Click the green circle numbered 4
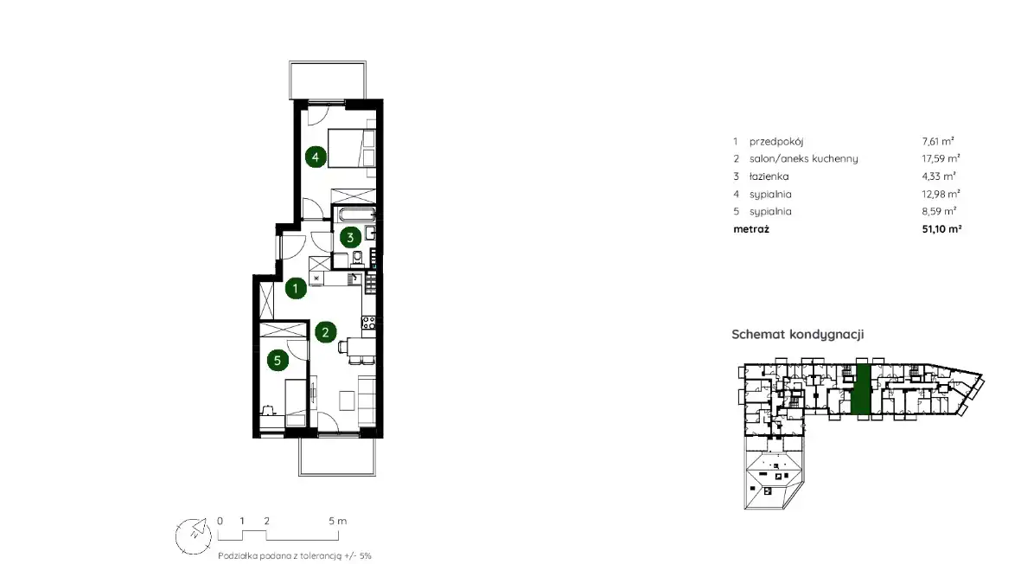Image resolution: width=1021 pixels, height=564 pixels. click(x=316, y=157)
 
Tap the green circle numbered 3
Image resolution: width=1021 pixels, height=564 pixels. click(x=350, y=238)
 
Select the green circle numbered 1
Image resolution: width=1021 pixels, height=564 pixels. click(x=296, y=288)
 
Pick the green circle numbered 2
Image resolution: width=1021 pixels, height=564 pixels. click(x=326, y=332)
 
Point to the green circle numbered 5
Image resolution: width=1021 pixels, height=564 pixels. click(x=278, y=360)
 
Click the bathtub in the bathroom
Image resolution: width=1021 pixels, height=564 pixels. click(x=354, y=215)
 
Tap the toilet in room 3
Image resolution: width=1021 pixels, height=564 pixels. click(x=358, y=259)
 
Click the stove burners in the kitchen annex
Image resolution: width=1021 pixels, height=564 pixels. click(x=368, y=322)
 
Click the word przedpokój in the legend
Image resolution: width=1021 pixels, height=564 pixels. click(x=776, y=141)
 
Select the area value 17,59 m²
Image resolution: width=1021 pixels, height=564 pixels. click(x=941, y=158)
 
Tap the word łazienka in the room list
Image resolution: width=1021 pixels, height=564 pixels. click(x=769, y=176)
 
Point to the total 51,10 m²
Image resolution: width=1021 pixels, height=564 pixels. click(x=941, y=228)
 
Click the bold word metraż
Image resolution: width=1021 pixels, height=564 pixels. click(x=751, y=229)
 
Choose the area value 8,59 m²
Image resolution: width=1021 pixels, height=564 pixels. click(x=939, y=211)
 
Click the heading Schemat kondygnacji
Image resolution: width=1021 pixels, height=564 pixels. click(x=798, y=334)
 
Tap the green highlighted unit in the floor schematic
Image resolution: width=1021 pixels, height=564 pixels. click(x=861, y=389)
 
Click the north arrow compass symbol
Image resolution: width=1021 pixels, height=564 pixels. click(x=194, y=536)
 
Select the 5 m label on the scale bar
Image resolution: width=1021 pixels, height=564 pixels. click(x=338, y=521)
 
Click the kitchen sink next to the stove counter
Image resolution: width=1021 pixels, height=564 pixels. click(x=354, y=279)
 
